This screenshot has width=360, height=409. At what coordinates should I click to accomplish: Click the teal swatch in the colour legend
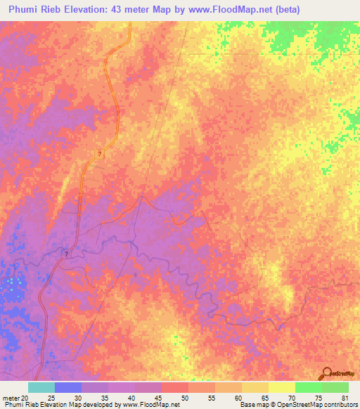point(41,387)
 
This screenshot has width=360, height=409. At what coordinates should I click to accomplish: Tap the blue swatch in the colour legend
point(68,387)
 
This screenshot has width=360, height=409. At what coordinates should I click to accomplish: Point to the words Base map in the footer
point(252,404)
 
